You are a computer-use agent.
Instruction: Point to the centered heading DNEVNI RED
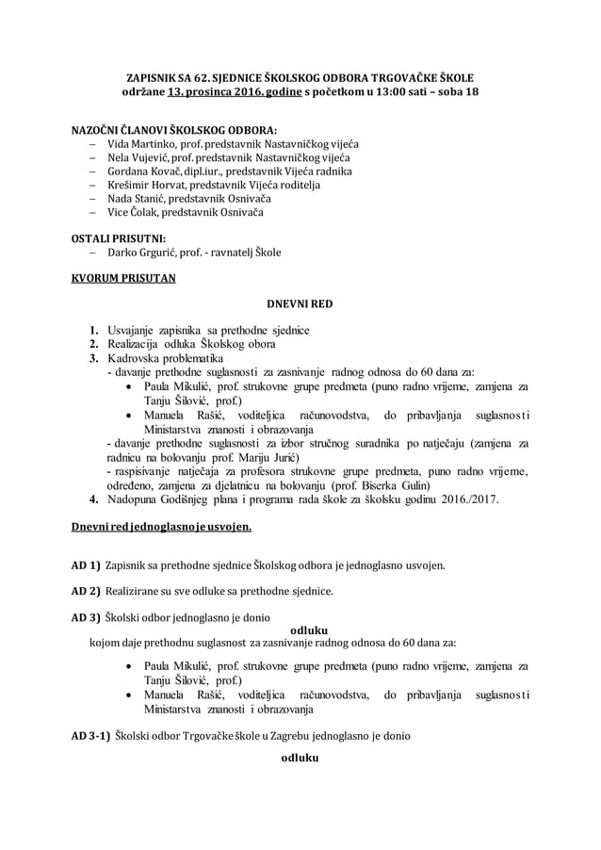coord(300,304)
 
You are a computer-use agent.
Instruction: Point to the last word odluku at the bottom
coord(301,759)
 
